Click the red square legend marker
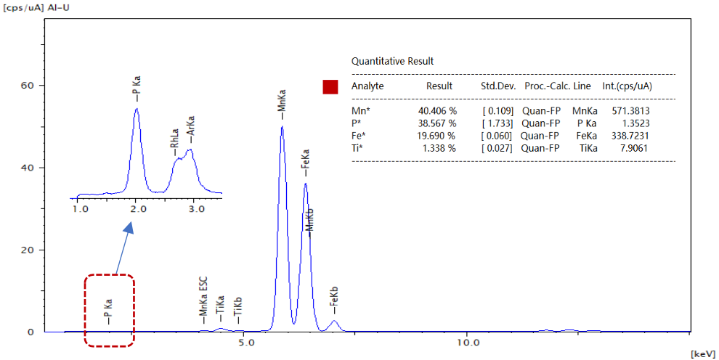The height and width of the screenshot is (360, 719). pos(330,87)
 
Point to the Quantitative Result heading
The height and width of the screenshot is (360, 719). pos(392,62)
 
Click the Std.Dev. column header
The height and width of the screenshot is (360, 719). pos(498,86)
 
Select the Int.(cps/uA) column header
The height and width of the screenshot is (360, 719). pos(627,86)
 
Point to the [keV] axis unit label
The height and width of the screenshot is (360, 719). pos(703,354)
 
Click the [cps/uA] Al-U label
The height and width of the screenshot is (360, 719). pos(34,6)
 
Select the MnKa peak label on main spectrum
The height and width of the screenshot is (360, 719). pos(281,103)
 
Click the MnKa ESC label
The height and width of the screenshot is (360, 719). pos(203,299)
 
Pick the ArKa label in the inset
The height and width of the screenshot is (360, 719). pos(192,129)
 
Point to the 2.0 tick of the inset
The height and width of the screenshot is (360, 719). pos(138,209)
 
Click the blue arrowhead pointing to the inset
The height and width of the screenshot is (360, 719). pos(129,228)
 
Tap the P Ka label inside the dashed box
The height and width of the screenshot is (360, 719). pos(107,311)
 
